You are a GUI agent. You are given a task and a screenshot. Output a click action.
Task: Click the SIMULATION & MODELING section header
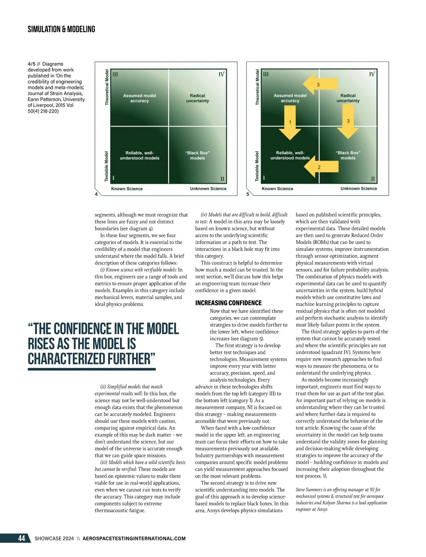pos(61,29)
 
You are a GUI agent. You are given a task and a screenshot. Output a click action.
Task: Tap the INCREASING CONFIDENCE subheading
pos(228,303)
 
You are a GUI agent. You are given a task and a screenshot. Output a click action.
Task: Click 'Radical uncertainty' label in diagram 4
pos(197,98)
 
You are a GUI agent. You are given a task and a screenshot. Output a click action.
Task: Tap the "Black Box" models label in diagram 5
pos(348,155)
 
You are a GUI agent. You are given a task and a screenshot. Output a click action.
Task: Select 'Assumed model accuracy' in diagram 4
pos(140,98)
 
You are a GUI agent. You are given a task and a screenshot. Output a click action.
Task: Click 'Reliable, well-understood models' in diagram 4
pos(140,155)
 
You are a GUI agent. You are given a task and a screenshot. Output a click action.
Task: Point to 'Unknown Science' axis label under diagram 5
pos(359,188)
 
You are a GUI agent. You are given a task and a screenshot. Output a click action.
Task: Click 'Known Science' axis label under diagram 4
pos(127,189)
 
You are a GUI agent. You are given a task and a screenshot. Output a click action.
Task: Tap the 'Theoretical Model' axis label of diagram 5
pos(257,87)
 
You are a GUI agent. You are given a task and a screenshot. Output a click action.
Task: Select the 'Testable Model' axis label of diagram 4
pos(106,166)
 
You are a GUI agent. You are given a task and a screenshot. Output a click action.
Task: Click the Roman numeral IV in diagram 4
pos(221,74)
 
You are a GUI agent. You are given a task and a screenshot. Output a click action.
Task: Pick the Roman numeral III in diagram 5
pos(266,74)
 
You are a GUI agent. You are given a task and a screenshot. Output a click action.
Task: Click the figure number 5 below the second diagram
pos(248,194)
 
